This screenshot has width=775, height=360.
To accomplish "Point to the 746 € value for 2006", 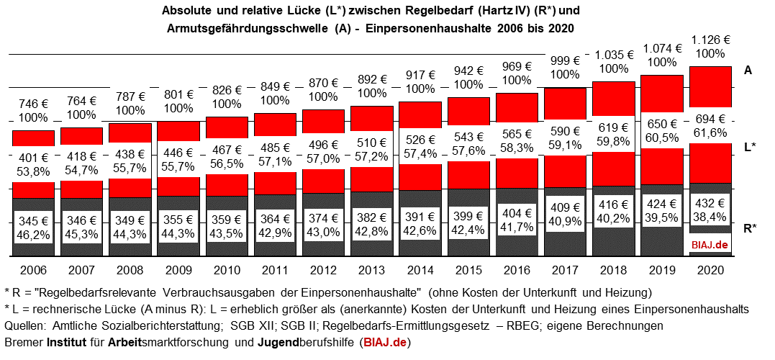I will click(x=33, y=102).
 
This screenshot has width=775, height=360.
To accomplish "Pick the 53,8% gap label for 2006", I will click(x=33, y=172).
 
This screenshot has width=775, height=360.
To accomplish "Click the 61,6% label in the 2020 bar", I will click(x=710, y=132).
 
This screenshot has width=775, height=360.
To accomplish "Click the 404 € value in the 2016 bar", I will click(x=517, y=214).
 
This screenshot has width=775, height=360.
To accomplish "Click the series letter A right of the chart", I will click(x=748, y=71).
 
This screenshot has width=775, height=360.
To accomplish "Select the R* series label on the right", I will click(x=749, y=228).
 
